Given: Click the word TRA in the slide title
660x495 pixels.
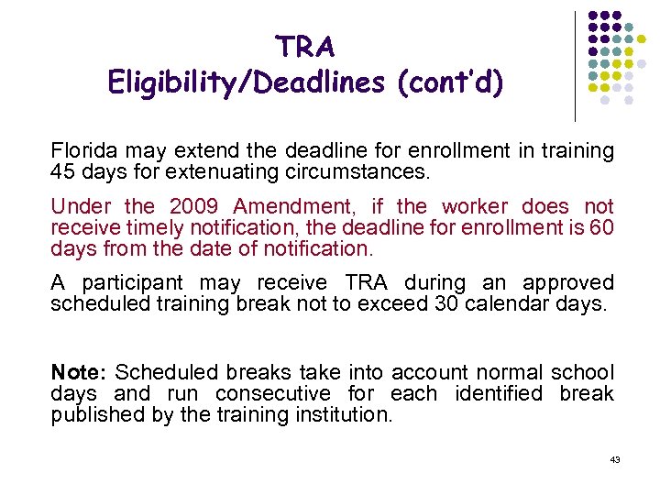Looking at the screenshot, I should [x=305, y=46].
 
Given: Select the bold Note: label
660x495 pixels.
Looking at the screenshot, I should [x=80, y=372].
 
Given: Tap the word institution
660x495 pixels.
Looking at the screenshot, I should [x=346, y=414].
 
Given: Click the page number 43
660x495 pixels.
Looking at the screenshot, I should [x=615, y=459].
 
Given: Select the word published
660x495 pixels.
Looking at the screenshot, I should [x=93, y=414].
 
